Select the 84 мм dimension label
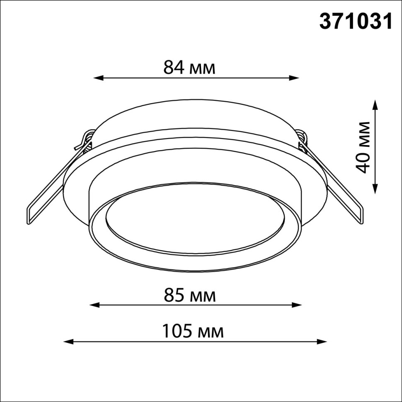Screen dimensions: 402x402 189,68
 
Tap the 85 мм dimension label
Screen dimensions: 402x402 189,296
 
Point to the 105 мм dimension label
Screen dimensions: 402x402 193,332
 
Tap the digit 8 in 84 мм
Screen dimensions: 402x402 169,68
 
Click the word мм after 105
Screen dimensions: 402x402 211,332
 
